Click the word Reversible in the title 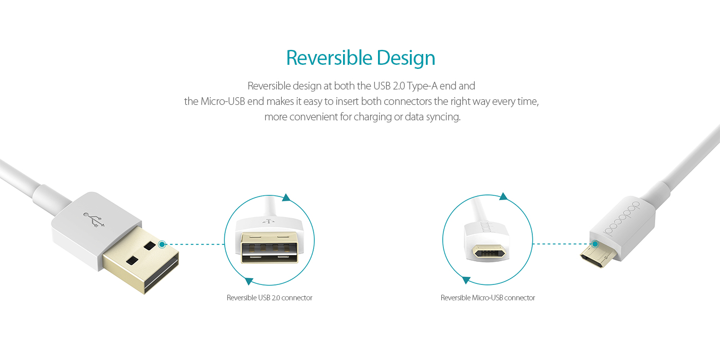(x=329, y=58)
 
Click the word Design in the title (x=406, y=59)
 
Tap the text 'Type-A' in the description (x=422, y=86)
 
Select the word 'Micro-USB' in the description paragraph (x=223, y=101)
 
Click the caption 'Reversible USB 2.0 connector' (x=269, y=298)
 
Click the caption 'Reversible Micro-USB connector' (x=488, y=298)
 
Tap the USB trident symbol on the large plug (x=94, y=220)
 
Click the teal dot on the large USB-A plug (x=162, y=244)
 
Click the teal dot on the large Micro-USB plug (x=595, y=244)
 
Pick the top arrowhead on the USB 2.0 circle (x=286, y=197)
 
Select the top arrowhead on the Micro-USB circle (x=503, y=196)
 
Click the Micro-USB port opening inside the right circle (x=489, y=251)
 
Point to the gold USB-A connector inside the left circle (x=269, y=247)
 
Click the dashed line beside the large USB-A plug (x=195, y=244)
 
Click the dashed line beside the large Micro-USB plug (x=562, y=244)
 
